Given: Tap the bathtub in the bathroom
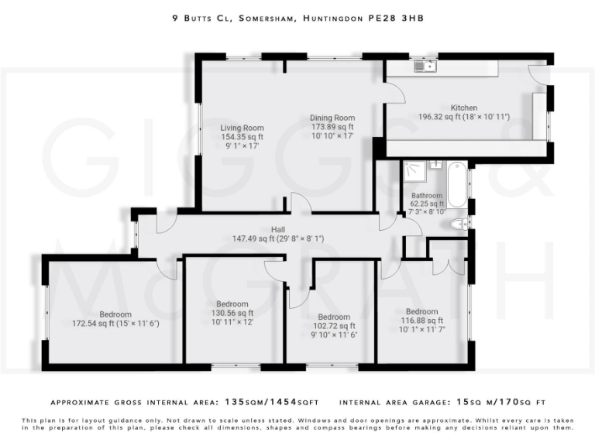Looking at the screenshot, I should point(457,184).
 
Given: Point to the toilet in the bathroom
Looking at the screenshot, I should point(458,225).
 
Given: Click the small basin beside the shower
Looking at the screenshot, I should point(435,164).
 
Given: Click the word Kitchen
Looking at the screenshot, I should point(464,108).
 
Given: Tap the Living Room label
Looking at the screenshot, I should point(242,128).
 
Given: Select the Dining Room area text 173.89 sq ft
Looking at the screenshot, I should point(332,127).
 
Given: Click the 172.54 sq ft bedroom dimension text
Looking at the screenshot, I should point(115,323).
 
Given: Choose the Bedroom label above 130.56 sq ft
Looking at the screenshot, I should point(232,304).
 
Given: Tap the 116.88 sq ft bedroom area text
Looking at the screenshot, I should point(421,320).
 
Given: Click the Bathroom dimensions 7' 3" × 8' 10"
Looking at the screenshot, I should point(427,211).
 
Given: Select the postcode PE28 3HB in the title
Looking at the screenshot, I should point(397,15).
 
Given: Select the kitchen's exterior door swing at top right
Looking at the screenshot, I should point(538,76).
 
